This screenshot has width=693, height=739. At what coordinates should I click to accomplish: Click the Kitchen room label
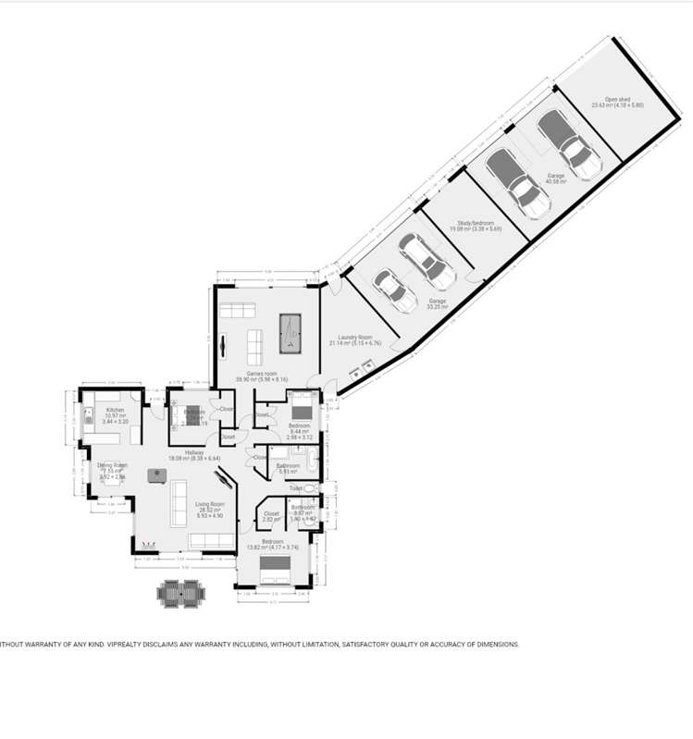(115, 410)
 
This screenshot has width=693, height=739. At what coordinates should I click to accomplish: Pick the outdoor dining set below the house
(180, 592)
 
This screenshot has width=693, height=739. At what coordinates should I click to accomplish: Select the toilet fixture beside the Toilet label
(311, 488)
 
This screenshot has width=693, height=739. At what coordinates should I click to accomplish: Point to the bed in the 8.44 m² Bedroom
(302, 408)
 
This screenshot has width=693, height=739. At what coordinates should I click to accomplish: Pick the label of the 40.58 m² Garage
(555, 176)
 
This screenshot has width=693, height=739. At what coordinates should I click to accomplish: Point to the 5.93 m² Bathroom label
(289, 466)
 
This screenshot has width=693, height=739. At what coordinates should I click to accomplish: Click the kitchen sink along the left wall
(88, 417)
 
